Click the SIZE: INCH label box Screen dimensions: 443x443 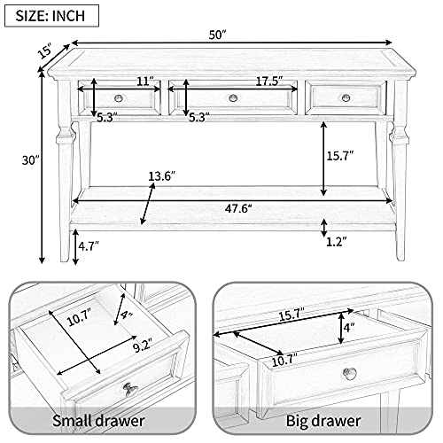(51, 16)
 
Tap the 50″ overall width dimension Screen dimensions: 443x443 (217, 35)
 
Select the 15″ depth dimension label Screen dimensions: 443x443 (46, 51)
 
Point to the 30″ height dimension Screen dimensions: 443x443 (31, 160)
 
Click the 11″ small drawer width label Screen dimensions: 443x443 (145, 81)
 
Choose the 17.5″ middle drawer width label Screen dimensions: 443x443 (269, 81)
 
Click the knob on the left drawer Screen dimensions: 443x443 (119, 97)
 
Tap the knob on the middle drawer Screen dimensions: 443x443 (233, 97)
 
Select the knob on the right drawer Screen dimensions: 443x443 (346, 97)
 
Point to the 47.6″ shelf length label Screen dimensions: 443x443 (238, 209)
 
